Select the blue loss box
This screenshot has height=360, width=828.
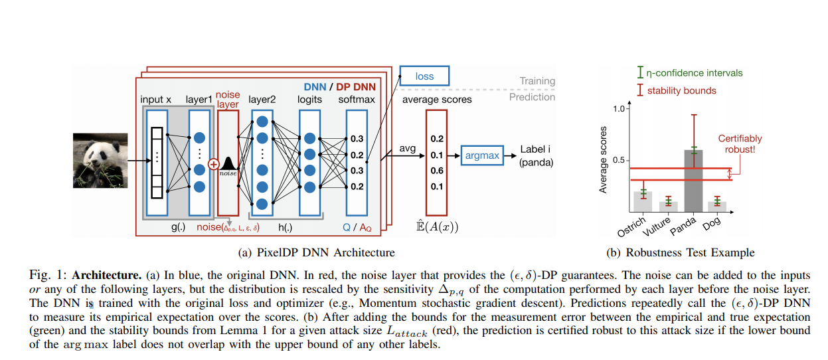(424, 76)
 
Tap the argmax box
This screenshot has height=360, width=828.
(481, 155)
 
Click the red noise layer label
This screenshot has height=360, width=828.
(228, 100)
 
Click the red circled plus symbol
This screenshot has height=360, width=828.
(214, 163)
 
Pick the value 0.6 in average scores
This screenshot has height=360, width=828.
(436, 171)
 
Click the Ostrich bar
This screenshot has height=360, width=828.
(643, 199)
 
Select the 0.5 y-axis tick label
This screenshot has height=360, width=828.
(620, 160)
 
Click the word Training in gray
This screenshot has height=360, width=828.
(537, 81)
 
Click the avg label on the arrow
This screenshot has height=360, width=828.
(407, 148)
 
